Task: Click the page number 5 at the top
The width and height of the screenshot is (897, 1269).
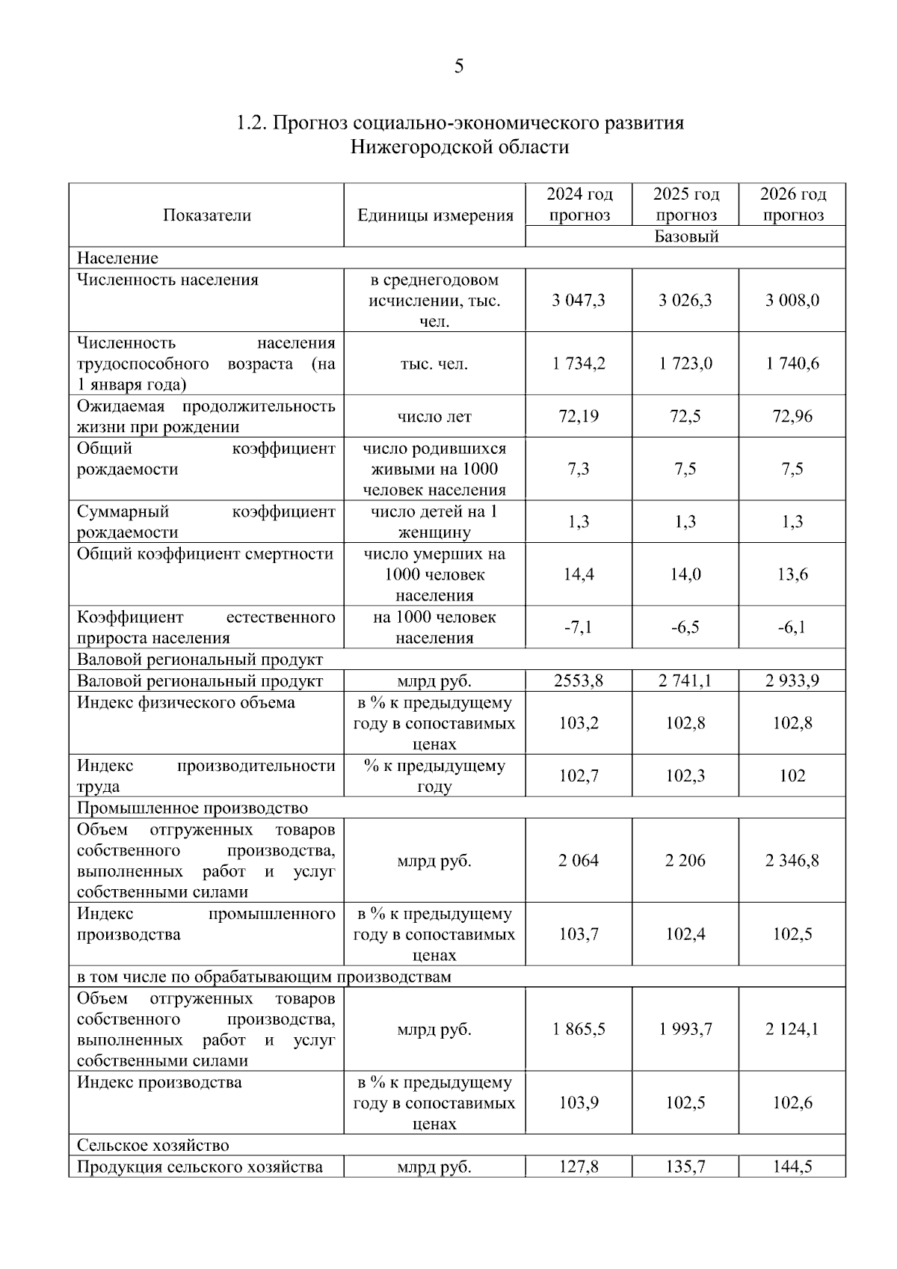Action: click(458, 67)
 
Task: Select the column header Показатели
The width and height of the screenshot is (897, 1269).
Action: click(207, 215)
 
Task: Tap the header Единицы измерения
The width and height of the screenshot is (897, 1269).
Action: click(435, 215)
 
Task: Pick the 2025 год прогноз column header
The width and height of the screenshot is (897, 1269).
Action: click(685, 204)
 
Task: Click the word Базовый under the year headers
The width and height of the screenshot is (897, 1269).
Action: click(685, 236)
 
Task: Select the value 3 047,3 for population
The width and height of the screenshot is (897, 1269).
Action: click(579, 301)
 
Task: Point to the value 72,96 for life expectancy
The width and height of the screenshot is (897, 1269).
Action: click(792, 417)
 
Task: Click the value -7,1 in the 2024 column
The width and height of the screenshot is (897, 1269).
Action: click(578, 627)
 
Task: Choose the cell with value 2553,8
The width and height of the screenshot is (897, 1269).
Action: click(578, 680)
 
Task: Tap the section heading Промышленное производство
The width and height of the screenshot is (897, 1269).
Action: click(193, 808)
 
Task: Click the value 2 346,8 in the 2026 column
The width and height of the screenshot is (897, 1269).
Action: click(792, 861)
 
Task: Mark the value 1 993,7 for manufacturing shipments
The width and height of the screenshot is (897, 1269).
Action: click(685, 1029)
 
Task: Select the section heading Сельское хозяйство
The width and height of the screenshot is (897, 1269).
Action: click(153, 1145)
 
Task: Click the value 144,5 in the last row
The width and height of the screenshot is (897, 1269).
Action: click(792, 1167)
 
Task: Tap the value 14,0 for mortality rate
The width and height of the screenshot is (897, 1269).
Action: click(685, 574)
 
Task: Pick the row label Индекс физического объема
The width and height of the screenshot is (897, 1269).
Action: click(186, 702)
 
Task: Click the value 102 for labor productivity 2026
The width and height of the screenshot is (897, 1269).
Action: click(792, 775)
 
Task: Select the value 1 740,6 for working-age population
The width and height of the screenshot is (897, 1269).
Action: click(792, 363)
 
